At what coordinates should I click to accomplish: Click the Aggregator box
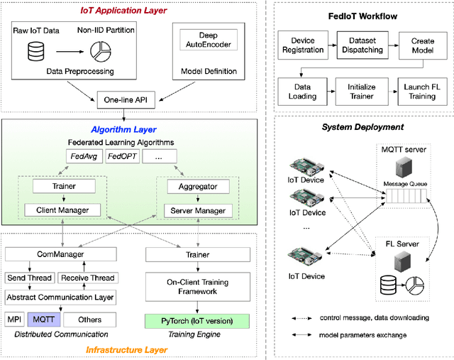(x=193, y=186)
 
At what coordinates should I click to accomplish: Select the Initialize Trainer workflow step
(x=362, y=91)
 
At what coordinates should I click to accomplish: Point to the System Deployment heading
(x=362, y=126)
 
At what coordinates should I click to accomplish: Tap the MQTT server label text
(x=405, y=150)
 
